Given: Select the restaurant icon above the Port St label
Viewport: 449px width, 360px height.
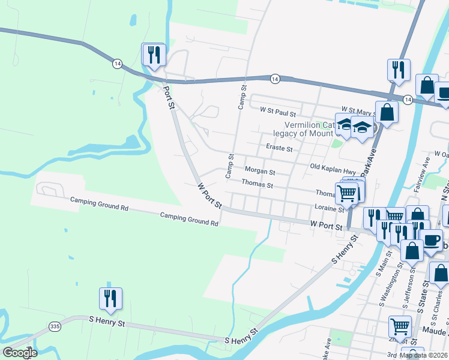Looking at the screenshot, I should click(x=153, y=55).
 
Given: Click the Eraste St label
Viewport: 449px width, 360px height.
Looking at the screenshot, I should click(x=279, y=148).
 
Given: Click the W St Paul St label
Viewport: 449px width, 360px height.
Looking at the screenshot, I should click(x=278, y=113).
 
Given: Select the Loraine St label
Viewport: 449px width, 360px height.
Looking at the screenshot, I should click(x=328, y=208).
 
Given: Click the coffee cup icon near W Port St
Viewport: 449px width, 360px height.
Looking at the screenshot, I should click(x=432, y=240).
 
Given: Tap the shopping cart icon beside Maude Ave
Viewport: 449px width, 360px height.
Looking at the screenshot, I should click(x=400, y=327).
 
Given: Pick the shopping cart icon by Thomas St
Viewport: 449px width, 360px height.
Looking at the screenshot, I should click(x=347, y=193).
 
